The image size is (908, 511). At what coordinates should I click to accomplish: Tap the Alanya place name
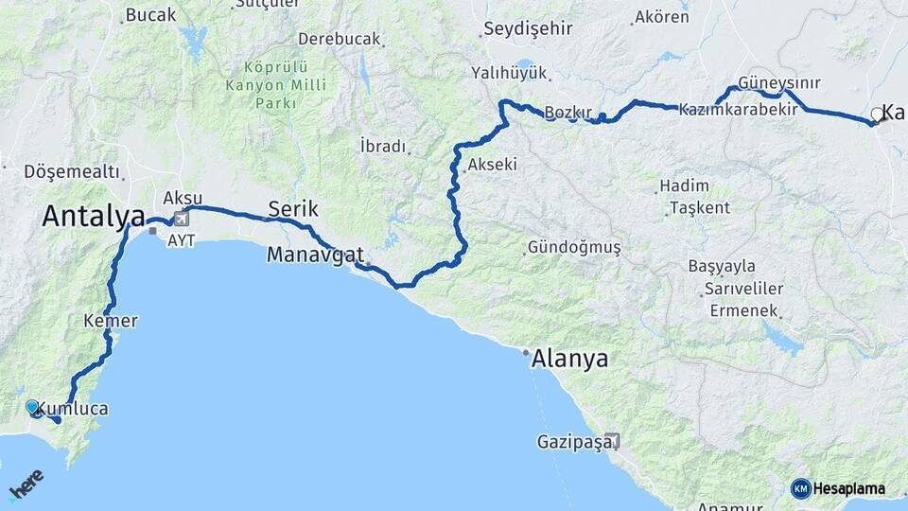pos(569,360)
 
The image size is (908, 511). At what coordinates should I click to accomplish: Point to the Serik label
pos(293,209)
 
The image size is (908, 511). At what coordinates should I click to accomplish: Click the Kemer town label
pos(111,321)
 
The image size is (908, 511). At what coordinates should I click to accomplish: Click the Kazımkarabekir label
pos(738,110)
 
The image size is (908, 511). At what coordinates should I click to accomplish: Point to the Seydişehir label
pos(528,28)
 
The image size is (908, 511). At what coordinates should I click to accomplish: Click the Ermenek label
pos(740,310)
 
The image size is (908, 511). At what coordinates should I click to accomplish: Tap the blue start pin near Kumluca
pos(33,407)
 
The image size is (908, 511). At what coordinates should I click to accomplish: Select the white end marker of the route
pos(876,116)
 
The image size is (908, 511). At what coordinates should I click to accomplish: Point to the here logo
pos(26,484)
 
